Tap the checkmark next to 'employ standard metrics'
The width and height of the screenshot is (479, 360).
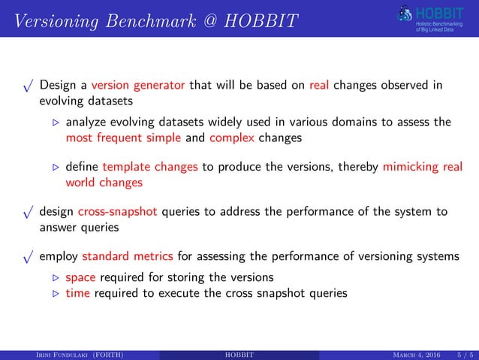point(29,259)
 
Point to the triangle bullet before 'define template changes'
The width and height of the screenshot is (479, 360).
point(53,168)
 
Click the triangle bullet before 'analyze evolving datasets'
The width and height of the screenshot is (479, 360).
point(53,124)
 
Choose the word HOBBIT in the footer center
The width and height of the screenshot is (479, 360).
point(239,352)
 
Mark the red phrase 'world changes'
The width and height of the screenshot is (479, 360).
point(101,182)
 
